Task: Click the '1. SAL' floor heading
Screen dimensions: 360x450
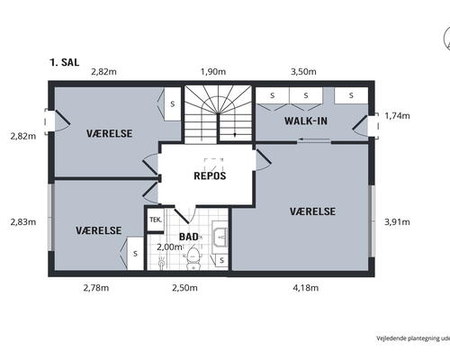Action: pos(66,63)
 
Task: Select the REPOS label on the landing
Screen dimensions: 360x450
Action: pos(210,175)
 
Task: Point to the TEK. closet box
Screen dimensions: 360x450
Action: pos(156,220)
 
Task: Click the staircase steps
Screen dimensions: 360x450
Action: pos(219,112)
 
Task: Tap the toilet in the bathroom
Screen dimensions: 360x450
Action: pos(192,259)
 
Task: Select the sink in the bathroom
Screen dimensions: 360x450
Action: pos(220,238)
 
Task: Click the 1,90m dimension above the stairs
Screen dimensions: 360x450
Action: pos(211,71)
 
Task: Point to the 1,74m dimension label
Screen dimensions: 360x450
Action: pos(397,116)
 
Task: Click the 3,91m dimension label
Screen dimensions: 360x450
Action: pos(397,221)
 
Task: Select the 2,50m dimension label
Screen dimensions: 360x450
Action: pos(187,288)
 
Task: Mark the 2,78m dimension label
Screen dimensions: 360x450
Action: pos(95,288)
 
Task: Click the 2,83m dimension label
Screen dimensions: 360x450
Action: pos(22,221)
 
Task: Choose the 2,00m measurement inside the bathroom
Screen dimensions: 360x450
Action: pos(169,247)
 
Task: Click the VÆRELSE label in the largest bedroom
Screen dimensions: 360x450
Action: pos(313,211)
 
